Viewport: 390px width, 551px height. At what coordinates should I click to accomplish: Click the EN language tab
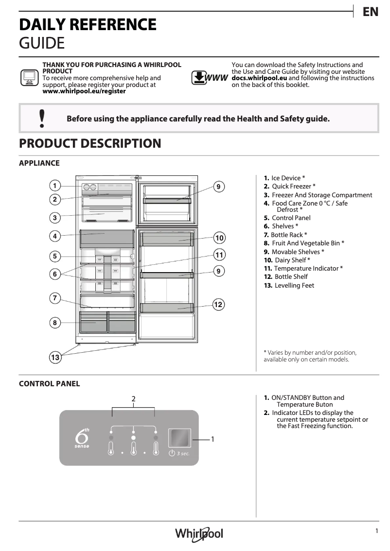pyautogui.click(x=371, y=12)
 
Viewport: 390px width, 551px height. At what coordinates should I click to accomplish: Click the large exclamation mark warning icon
pyautogui.click(x=42, y=118)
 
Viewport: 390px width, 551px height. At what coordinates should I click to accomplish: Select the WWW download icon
pyautogui.click(x=210, y=78)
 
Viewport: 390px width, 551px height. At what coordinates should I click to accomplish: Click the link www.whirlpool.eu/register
pyautogui.click(x=84, y=91)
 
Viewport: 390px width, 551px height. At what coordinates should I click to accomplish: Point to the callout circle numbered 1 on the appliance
pyautogui.click(x=55, y=186)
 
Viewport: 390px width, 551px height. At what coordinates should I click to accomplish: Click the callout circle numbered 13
pyautogui.click(x=55, y=358)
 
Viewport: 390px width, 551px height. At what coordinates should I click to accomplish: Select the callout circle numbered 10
pyautogui.click(x=219, y=238)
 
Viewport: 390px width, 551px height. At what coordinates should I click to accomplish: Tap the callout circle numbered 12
pyautogui.click(x=218, y=305)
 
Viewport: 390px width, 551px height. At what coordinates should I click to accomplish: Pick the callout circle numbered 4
pyautogui.click(x=55, y=236)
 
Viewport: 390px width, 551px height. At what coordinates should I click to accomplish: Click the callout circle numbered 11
pyautogui.click(x=219, y=255)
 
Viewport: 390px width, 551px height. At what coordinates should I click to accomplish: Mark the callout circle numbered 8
pyautogui.click(x=55, y=322)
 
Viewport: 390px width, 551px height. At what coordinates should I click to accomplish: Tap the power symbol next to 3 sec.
pyautogui.click(x=172, y=453)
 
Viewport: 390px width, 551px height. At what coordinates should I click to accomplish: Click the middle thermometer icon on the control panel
pyautogui.click(x=133, y=448)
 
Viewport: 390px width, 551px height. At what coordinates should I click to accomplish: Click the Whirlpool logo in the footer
pyautogui.click(x=199, y=534)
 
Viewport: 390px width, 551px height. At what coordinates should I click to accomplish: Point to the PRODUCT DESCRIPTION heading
pyautogui.click(x=90, y=143)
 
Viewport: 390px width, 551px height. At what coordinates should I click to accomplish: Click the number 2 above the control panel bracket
pyautogui.click(x=133, y=399)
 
